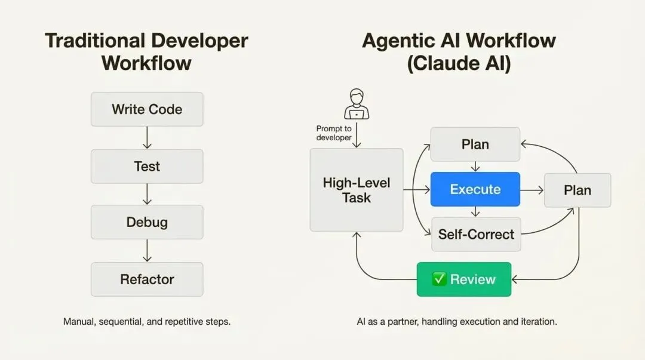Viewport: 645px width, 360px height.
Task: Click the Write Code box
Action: click(x=147, y=109)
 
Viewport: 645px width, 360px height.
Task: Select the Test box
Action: click(x=147, y=166)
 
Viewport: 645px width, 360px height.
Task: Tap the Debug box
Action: click(x=147, y=222)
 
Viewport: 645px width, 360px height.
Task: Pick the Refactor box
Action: click(x=147, y=279)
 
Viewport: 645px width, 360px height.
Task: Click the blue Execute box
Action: click(x=475, y=189)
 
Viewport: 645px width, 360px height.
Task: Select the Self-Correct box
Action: click(x=476, y=234)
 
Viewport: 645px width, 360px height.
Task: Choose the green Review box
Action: click(x=464, y=279)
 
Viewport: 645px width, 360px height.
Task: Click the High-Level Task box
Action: click(x=357, y=190)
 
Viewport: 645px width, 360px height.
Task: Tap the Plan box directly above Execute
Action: click(x=475, y=144)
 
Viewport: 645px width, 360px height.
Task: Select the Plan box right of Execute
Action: click(x=578, y=190)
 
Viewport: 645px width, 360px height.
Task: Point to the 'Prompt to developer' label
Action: click(x=334, y=133)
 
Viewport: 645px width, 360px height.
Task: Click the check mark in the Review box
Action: click(x=439, y=279)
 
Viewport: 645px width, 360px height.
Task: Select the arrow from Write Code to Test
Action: click(x=147, y=138)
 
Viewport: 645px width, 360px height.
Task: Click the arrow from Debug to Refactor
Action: click(x=147, y=251)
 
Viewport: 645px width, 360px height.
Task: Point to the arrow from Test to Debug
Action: click(x=147, y=194)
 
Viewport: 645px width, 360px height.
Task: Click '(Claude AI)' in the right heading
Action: click(x=459, y=63)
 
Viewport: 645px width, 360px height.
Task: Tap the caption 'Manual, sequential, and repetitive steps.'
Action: click(x=147, y=321)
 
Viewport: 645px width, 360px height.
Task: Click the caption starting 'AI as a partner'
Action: click(x=457, y=321)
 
